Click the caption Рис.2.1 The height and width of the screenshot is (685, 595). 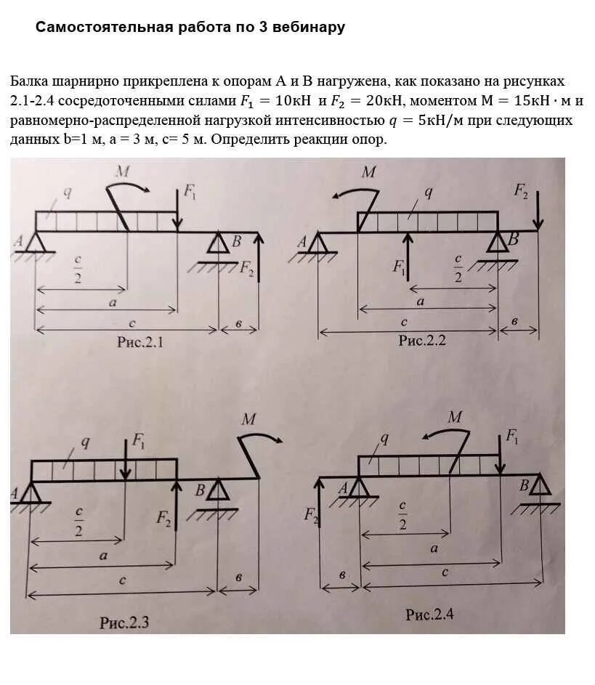[140, 342]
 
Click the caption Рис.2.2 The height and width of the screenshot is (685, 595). [421, 340]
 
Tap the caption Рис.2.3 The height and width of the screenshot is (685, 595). [124, 622]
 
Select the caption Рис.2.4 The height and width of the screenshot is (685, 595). [429, 615]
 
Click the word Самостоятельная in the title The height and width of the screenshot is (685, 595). [92, 28]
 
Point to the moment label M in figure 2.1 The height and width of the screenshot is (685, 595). [123, 171]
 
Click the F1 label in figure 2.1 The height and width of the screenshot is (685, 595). [190, 191]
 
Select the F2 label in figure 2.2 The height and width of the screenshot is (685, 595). [522, 190]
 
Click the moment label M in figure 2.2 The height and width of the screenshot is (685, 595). [369, 172]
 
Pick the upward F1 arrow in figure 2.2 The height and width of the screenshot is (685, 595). [408, 254]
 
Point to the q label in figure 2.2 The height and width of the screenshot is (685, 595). [428, 192]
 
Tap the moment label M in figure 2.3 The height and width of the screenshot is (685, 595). [249, 419]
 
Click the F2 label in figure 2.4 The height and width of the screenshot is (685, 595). [312, 516]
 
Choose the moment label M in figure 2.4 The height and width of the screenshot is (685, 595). [455, 417]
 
